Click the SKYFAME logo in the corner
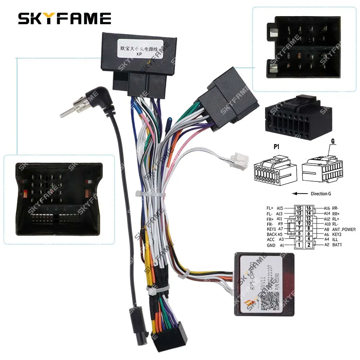64,18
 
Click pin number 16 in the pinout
309,208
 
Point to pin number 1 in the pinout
299,245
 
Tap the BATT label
338,245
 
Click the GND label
271,246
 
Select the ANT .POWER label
343,229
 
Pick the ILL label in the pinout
336,239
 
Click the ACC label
271,239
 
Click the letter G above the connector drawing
333,141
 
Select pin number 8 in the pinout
309,229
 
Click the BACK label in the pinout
272,234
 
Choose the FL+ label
270,208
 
